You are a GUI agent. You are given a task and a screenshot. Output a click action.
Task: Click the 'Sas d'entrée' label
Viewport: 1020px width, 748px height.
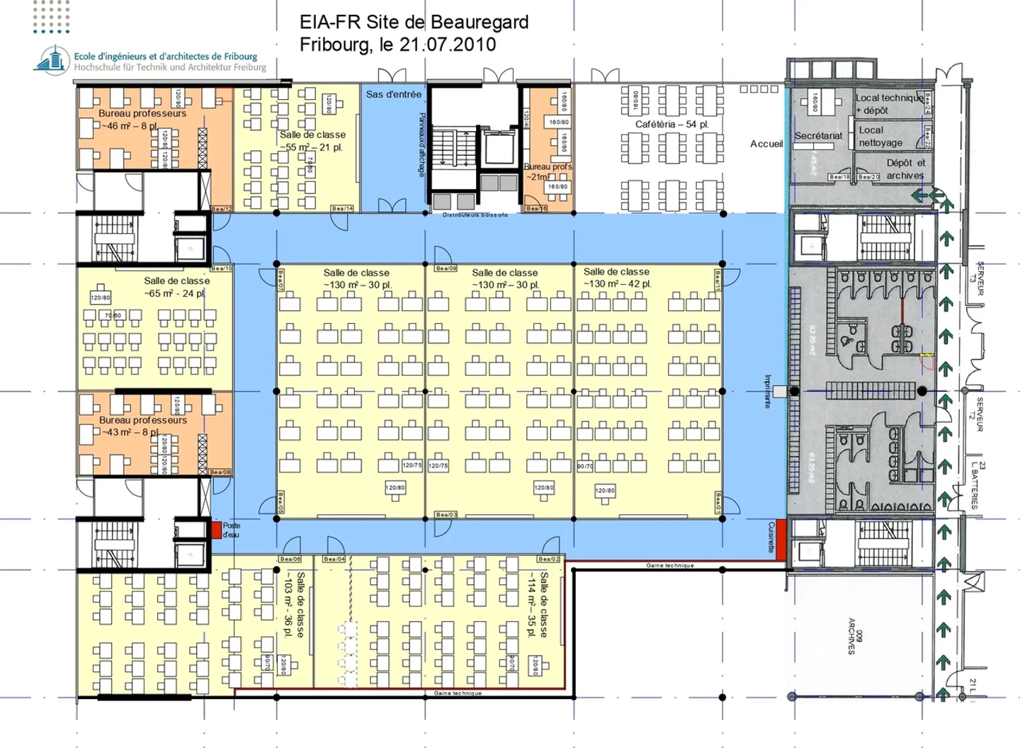point(393,94)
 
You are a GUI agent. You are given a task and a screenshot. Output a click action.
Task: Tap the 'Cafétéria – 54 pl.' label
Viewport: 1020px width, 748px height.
point(671,124)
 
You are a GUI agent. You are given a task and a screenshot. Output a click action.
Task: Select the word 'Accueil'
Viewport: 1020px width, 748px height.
point(766,144)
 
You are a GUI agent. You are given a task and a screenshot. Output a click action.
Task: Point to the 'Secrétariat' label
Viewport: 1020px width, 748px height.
point(818,135)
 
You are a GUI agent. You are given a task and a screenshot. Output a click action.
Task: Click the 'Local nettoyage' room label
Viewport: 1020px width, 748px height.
point(880,136)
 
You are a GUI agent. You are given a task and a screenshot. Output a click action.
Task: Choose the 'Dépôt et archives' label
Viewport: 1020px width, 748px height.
point(905,169)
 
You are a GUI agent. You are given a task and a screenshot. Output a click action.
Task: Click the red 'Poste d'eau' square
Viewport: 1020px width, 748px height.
point(216,530)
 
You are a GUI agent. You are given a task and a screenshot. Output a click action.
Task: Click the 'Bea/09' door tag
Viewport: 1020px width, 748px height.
point(446,268)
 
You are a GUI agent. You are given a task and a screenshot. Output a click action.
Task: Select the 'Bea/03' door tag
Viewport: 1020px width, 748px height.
point(446,514)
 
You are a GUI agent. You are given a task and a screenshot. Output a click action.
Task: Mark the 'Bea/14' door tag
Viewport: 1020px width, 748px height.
point(342,208)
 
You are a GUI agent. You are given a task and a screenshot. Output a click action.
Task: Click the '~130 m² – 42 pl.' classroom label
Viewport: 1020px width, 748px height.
point(616,283)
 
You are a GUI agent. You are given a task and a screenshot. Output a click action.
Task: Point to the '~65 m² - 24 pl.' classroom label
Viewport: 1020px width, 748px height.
point(176,293)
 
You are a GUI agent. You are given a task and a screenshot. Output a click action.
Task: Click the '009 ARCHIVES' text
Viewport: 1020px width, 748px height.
point(856,635)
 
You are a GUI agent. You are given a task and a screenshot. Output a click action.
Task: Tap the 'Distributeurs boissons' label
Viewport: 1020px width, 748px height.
point(475,215)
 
